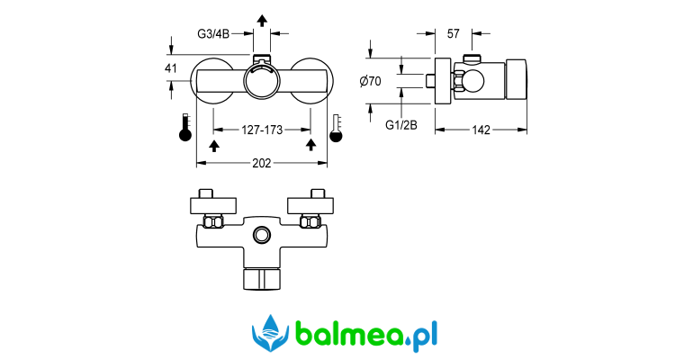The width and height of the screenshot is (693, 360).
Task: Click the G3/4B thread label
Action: (215, 34)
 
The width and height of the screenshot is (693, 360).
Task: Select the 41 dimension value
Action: (171, 68)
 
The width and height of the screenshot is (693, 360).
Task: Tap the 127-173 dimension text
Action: (262, 130)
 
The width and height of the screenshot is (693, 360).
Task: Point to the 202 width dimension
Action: (262, 163)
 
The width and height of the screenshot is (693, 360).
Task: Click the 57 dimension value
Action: (454, 34)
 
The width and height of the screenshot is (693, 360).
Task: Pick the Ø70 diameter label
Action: (370, 81)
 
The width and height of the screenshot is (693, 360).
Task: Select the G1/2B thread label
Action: (401, 125)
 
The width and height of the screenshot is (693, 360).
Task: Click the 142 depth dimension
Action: (481, 130)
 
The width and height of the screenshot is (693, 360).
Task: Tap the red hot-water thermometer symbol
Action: (184, 128)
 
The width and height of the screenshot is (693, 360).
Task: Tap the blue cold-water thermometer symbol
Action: (337, 128)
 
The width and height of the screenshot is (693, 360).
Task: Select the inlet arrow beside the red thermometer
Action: (214, 144)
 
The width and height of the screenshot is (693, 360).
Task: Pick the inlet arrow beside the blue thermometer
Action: (311, 144)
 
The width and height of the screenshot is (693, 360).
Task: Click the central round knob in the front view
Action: (262, 84)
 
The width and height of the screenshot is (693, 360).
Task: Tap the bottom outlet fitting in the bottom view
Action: (262, 274)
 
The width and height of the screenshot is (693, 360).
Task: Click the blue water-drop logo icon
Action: (270, 333)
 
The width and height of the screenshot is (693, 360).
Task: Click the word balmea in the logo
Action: (346, 335)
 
